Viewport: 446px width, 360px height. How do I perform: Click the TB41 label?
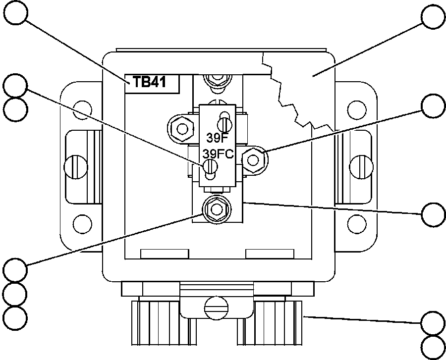[153, 83]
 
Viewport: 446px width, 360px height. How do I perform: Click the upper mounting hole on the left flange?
[82, 108]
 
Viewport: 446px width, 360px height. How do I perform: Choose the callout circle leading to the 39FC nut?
[433, 105]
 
